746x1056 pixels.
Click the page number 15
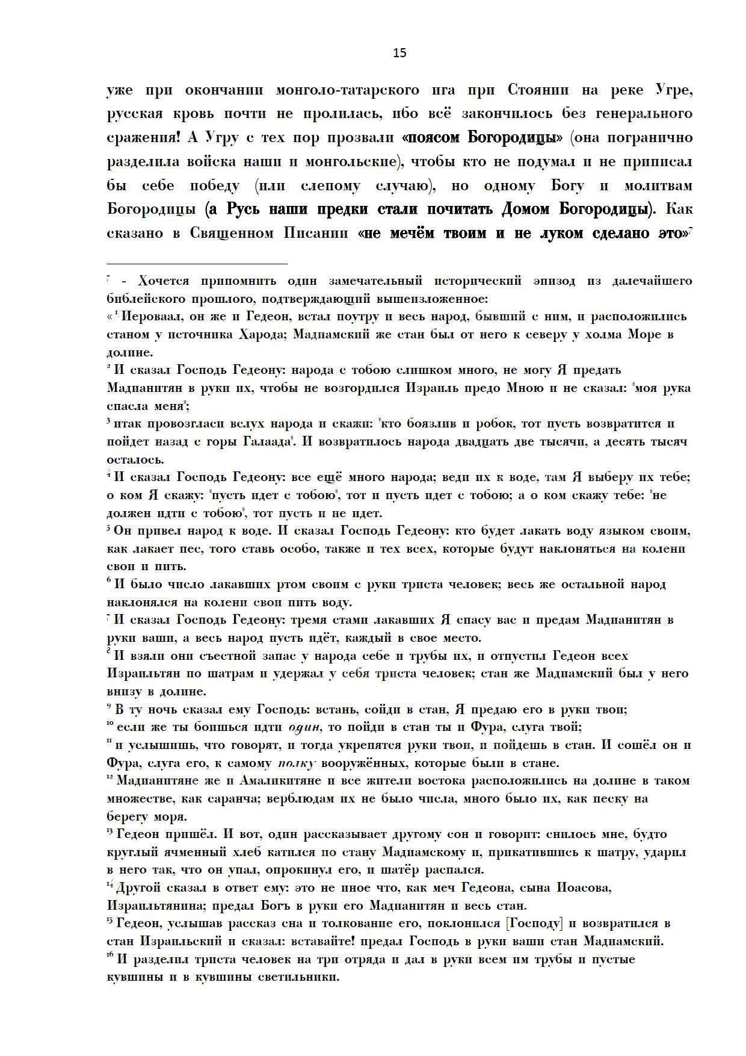click(x=399, y=53)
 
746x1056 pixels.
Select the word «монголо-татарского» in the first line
click(x=347, y=90)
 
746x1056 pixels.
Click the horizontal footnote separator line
click(x=197, y=263)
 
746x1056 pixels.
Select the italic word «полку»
click(x=296, y=763)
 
